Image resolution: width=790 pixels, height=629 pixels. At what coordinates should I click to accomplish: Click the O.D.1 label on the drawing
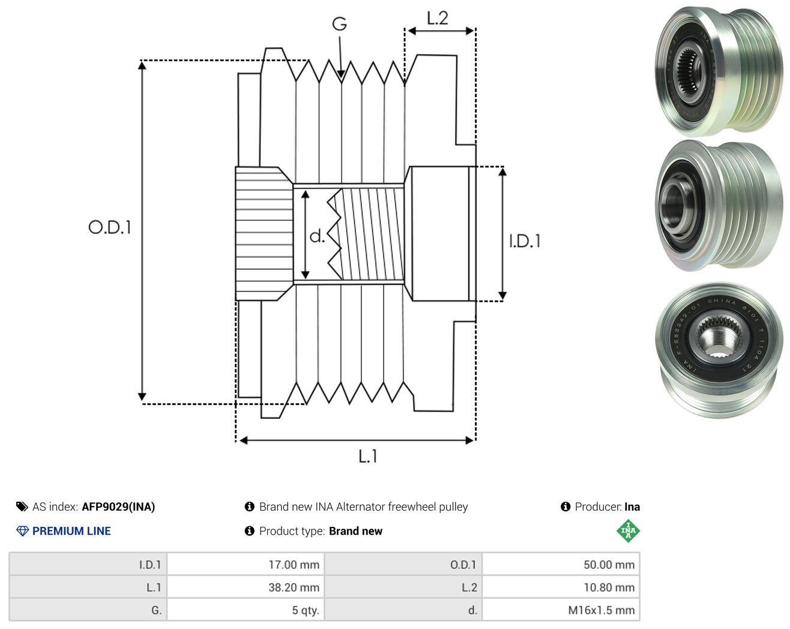tap(110, 227)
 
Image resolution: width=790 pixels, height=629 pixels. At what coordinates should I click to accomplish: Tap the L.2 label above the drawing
tap(438, 19)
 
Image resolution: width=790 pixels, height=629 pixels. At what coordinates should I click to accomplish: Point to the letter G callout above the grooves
tap(340, 24)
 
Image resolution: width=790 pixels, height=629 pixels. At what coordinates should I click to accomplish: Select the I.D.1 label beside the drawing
tap(525, 241)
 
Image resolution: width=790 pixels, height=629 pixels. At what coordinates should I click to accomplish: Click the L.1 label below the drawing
tap(368, 456)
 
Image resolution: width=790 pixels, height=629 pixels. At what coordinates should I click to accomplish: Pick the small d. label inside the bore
tap(317, 236)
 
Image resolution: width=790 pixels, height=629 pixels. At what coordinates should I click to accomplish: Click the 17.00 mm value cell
tap(246, 564)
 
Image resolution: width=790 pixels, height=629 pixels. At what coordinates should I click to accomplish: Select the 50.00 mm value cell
tap(561, 564)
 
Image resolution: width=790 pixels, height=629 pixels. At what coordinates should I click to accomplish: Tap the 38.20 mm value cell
tap(246, 587)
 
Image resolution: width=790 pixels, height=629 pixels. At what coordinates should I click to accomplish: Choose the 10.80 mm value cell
tap(561, 587)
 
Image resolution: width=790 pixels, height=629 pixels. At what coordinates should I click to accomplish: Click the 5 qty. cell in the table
tap(246, 610)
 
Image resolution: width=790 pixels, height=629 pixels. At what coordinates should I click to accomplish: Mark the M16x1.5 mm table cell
tap(561, 610)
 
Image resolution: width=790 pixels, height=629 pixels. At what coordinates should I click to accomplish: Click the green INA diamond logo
tap(628, 531)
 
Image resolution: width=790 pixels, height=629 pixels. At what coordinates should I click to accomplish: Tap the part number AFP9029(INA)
tap(118, 507)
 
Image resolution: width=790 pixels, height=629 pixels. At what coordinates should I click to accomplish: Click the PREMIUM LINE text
tap(71, 531)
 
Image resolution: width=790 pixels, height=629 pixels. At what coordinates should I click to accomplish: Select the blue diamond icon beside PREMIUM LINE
tap(22, 531)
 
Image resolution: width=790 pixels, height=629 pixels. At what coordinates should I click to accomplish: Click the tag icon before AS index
tap(22, 507)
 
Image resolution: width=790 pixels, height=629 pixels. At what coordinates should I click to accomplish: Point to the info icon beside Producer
tap(565, 507)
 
